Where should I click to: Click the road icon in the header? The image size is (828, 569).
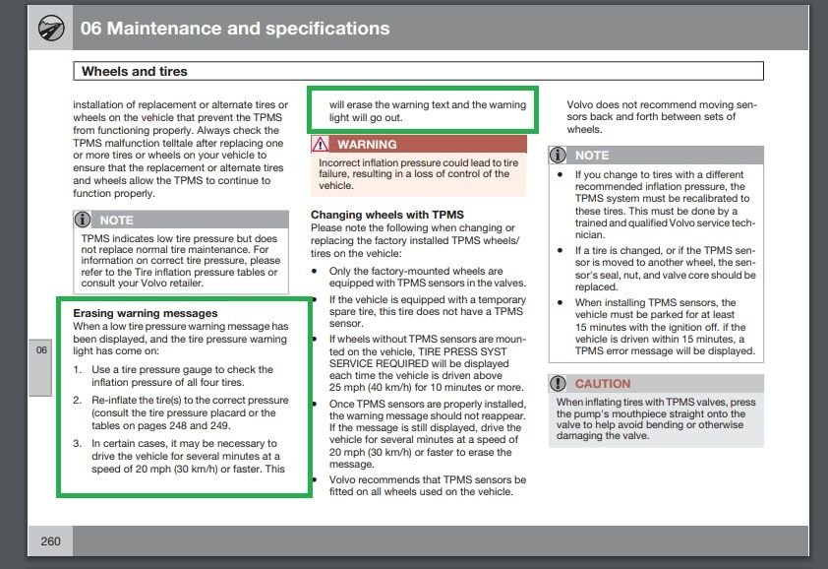tap(47, 29)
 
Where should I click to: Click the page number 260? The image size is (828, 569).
tap(50, 541)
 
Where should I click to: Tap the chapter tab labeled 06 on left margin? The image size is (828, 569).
tap(40, 351)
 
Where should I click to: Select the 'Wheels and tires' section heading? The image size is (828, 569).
tap(135, 72)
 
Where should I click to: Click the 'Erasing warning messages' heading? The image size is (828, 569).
tap(146, 313)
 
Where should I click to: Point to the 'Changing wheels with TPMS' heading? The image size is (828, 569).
tap(387, 215)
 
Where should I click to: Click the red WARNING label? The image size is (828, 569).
tap(367, 145)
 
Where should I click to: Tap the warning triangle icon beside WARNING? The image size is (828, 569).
tap(321, 145)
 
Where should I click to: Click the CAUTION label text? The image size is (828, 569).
tap(603, 383)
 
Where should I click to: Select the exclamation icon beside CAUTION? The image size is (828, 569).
tap(559, 383)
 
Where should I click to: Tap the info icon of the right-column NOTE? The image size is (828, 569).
tap(559, 156)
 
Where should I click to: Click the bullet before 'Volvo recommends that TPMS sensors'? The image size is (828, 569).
tap(315, 480)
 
